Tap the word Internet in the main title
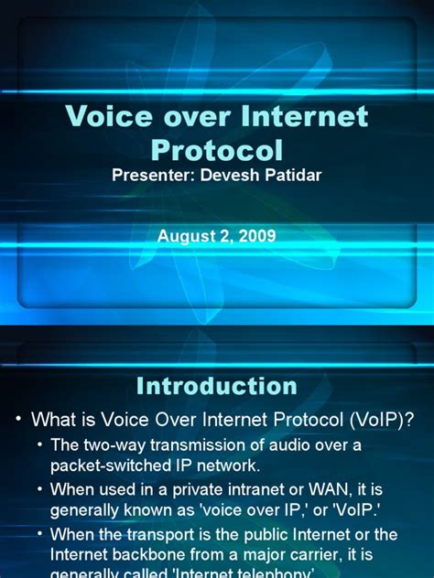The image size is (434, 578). pos(301,117)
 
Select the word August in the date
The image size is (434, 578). pos(185,236)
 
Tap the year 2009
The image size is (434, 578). pos(257,236)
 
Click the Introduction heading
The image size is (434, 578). pos(217,386)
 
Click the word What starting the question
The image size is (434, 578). pos(52,420)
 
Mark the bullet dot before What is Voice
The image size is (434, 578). pos(18,420)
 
